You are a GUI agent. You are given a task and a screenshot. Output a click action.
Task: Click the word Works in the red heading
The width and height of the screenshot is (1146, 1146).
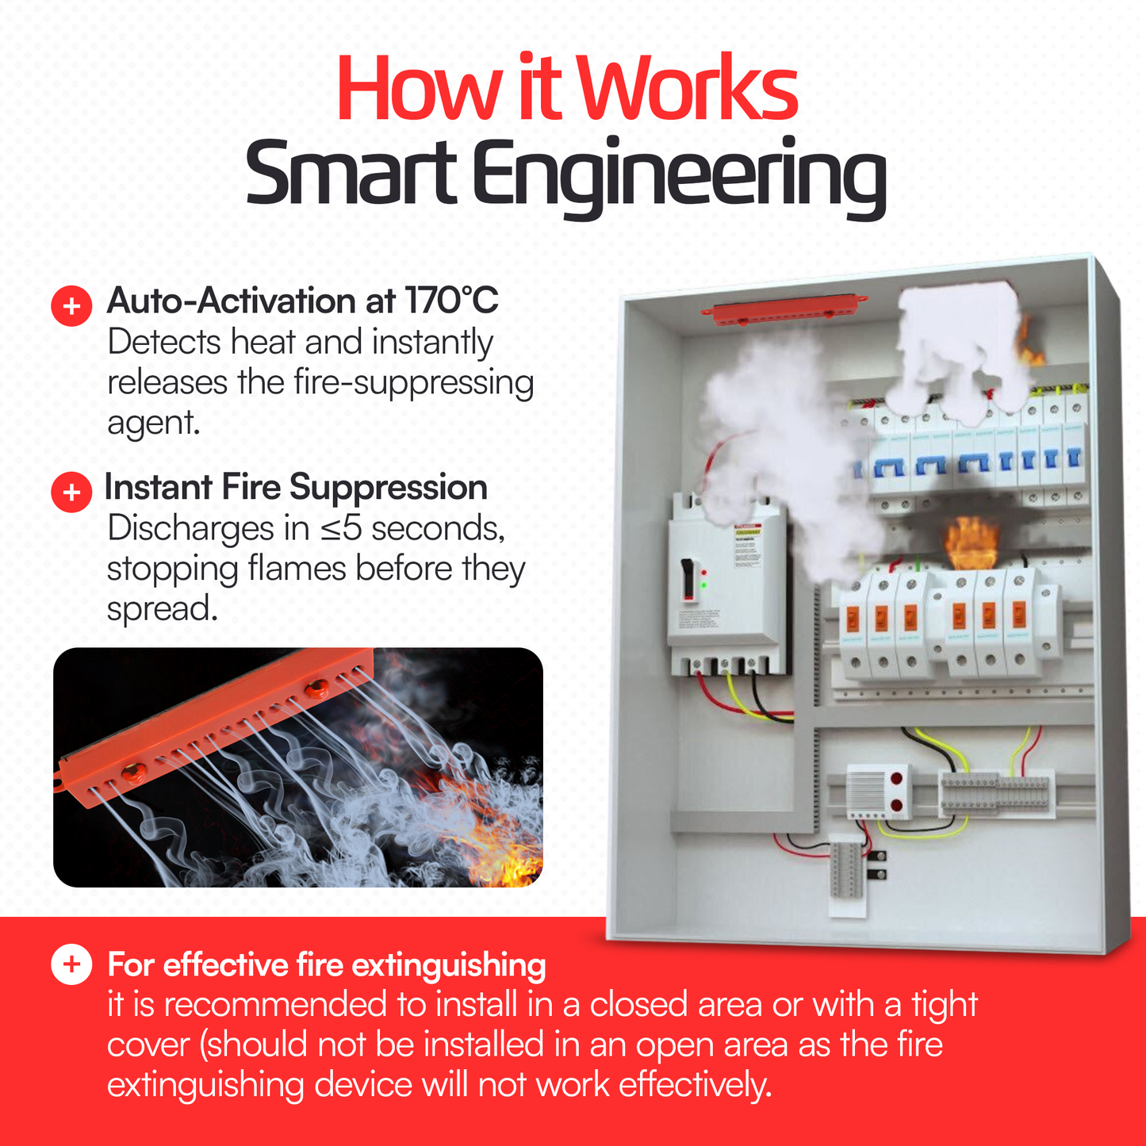click(x=688, y=88)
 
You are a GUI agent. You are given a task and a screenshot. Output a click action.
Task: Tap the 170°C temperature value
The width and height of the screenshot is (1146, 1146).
click(x=452, y=301)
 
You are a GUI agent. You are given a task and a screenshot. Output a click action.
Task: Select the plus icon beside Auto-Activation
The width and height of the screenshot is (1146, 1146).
click(x=71, y=305)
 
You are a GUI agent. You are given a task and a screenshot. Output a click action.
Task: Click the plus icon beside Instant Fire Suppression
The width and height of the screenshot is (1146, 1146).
click(x=71, y=492)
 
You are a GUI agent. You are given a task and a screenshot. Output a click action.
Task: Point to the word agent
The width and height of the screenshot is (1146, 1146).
click(x=153, y=424)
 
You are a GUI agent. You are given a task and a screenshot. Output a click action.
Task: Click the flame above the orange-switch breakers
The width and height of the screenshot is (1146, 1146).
click(x=971, y=542)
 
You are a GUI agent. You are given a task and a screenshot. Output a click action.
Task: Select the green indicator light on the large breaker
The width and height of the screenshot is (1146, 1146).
click(x=703, y=585)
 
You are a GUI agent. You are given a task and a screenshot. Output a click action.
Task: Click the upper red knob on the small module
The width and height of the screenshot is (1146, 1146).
click(x=896, y=779)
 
